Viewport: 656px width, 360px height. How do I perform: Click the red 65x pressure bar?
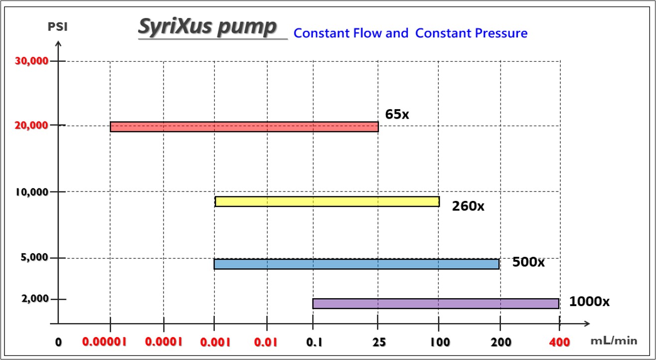244,127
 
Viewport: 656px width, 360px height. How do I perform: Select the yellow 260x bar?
327,201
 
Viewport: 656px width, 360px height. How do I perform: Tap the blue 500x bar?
356,264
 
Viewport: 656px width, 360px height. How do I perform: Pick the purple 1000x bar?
435,304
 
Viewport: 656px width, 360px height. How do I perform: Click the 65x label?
397,114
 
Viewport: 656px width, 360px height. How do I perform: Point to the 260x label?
468,206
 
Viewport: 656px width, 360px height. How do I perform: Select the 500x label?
528,262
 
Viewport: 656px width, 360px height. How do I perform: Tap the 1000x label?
589,301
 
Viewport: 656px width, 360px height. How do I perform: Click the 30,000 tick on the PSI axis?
32,61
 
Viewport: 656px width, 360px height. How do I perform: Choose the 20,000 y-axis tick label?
32,125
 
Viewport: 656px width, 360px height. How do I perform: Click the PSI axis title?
57,26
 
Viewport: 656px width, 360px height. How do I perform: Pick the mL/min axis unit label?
614,341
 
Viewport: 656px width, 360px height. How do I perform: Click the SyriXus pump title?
206,27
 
